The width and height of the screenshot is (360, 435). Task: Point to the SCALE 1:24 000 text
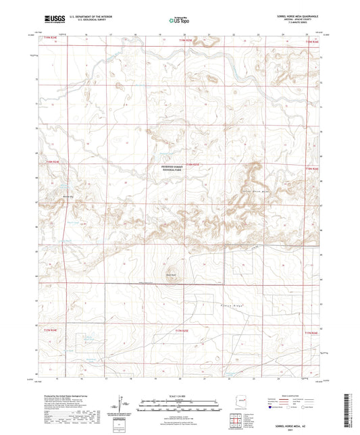click(x=179, y=395)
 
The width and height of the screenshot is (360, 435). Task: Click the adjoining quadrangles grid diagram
click(x=236, y=422)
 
